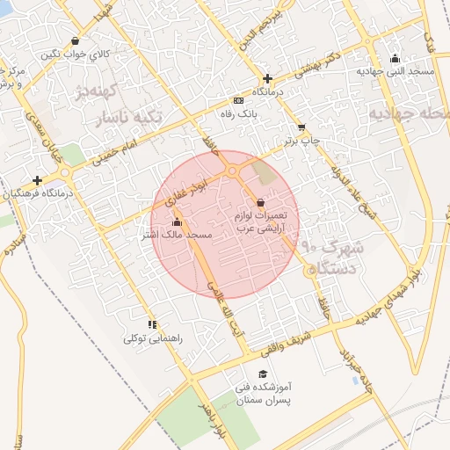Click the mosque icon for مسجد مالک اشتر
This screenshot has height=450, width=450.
(x=178, y=222)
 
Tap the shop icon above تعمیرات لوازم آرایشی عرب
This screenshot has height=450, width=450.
(x=260, y=203)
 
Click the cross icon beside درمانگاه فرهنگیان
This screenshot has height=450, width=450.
(x=37, y=180)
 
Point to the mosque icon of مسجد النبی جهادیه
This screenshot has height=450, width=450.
(x=394, y=59)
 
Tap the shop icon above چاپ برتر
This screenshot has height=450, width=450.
(x=301, y=127)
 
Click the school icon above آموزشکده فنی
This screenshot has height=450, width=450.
(x=259, y=374)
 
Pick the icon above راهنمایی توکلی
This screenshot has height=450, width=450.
(x=153, y=324)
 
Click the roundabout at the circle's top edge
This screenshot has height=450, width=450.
(x=233, y=171)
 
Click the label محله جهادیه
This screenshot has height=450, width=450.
(x=410, y=113)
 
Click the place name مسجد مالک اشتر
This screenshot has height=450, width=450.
(x=178, y=236)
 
